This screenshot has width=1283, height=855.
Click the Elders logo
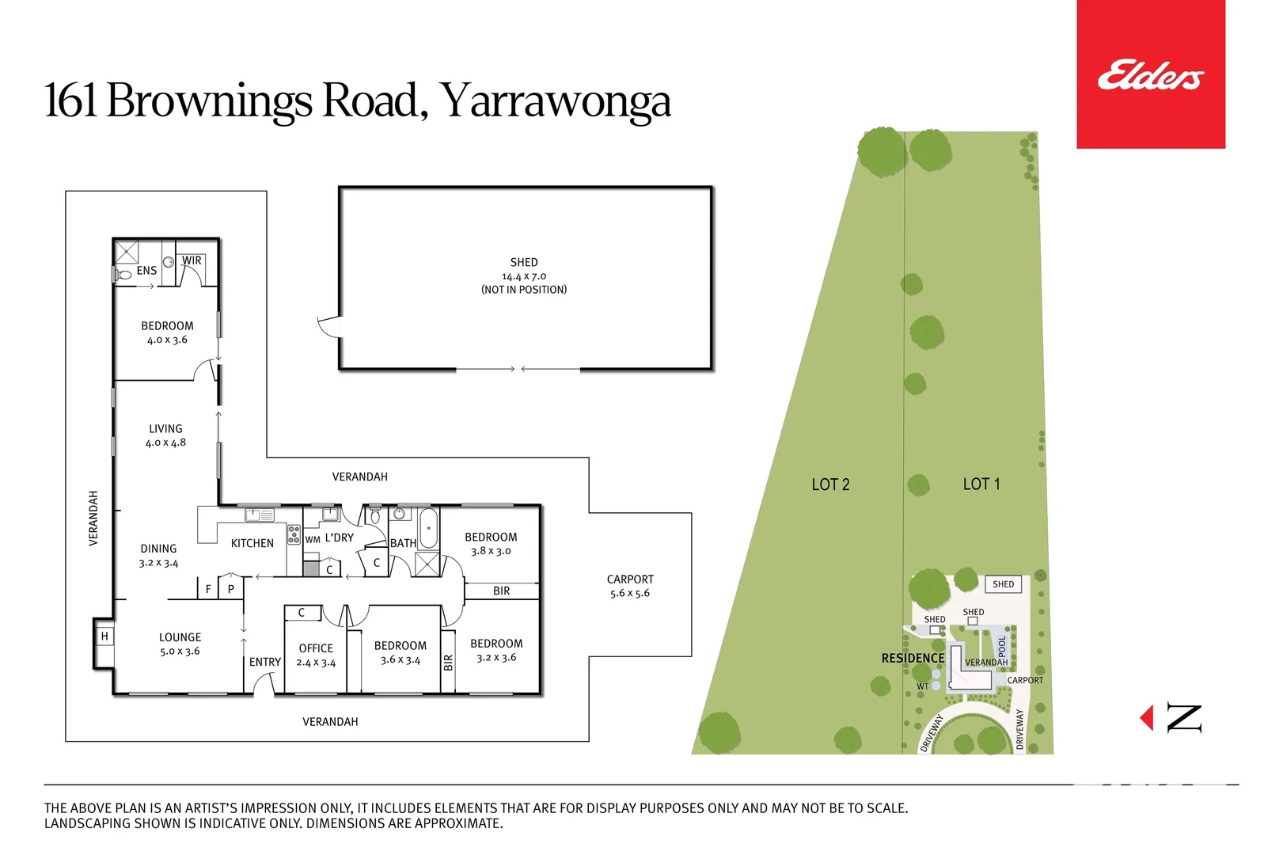(1150, 75)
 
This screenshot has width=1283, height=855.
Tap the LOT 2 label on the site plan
(830, 484)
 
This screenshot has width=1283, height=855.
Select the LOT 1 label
(981, 484)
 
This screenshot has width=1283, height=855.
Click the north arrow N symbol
(1183, 718)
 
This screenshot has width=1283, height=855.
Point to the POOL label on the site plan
(1002, 646)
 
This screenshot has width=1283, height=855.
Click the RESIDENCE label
(913, 658)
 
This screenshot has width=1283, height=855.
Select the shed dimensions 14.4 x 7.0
(523, 276)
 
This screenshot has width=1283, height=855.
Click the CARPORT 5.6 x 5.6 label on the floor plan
(630, 586)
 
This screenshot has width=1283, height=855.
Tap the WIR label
(192, 260)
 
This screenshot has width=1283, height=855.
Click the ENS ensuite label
(146, 271)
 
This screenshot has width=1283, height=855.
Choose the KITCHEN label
(252, 543)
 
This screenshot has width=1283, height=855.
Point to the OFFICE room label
(316, 648)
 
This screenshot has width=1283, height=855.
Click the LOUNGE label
(180, 637)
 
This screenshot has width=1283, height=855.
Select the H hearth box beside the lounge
(104, 636)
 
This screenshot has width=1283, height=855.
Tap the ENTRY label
(264, 662)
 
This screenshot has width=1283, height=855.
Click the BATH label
(403, 543)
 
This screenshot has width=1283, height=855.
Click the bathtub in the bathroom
(428, 528)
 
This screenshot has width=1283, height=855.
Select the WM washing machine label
(313, 539)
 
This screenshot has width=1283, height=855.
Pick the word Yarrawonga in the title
(555, 101)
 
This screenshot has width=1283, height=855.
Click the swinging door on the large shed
(328, 326)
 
